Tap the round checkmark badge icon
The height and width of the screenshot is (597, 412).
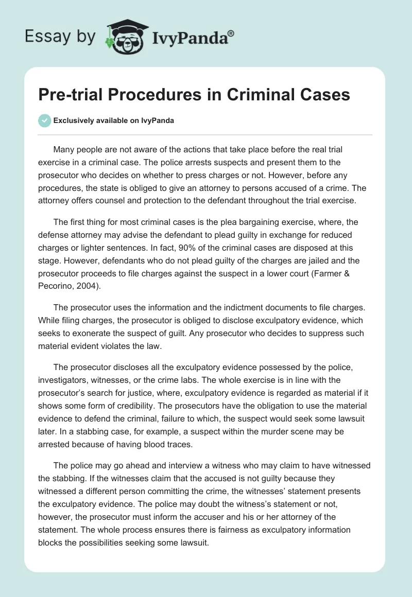pyautogui.click(x=44, y=120)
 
